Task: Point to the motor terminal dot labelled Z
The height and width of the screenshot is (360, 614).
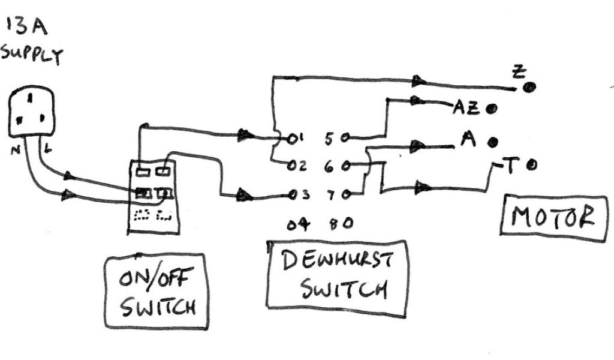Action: pyautogui.click(x=529, y=88)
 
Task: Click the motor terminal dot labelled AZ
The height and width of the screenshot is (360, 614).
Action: pyautogui.click(x=492, y=109)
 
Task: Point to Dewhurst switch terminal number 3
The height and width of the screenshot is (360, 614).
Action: pyautogui.click(x=292, y=194)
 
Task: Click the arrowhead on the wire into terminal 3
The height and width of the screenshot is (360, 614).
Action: pyautogui.click(x=245, y=194)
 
